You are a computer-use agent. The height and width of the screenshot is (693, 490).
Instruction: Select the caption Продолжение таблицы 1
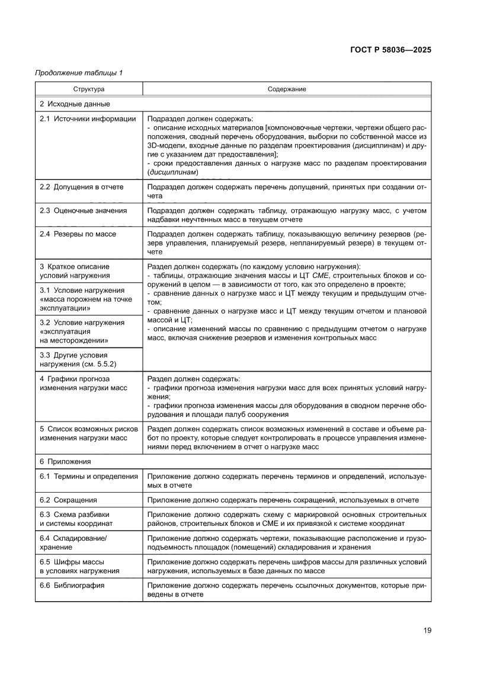point(79,74)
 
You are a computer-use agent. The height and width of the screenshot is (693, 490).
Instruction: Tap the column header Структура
point(89,89)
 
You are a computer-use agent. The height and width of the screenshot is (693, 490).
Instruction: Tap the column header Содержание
point(286,89)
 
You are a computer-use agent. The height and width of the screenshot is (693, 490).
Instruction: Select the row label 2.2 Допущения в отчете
point(82,187)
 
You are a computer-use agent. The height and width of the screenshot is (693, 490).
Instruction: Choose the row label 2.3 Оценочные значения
point(83,210)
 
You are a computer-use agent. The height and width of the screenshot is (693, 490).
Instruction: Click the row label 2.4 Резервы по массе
point(78,234)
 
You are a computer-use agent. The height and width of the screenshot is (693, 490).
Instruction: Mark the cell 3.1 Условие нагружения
point(82,299)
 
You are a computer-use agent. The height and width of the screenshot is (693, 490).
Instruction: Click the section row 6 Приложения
point(65,461)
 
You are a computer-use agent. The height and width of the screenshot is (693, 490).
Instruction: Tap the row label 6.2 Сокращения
point(68,500)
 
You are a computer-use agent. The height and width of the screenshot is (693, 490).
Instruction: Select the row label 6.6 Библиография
point(72,585)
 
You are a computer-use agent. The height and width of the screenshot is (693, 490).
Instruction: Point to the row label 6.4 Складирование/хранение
point(73,542)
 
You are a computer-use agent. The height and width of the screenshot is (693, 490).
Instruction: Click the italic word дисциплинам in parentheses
point(174,172)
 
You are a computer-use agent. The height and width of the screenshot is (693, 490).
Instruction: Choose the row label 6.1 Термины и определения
point(88,476)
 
